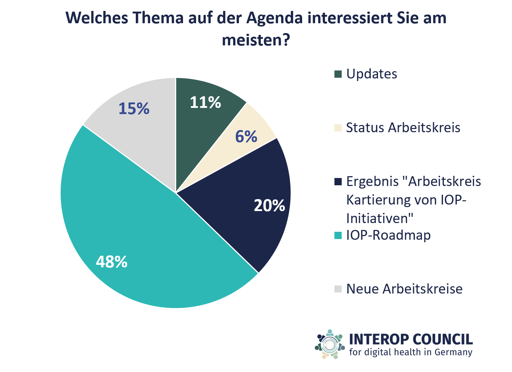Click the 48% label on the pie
click(111, 262)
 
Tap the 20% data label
click(269, 206)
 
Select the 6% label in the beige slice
click(246, 137)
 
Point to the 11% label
click(205, 102)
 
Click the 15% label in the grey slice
click(134, 109)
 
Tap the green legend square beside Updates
click(338, 74)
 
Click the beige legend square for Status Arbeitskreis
click(338, 128)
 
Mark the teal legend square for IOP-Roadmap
click(338, 235)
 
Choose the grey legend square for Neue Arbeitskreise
click(338, 289)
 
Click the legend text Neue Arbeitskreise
click(404, 289)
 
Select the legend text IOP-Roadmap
click(388, 235)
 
